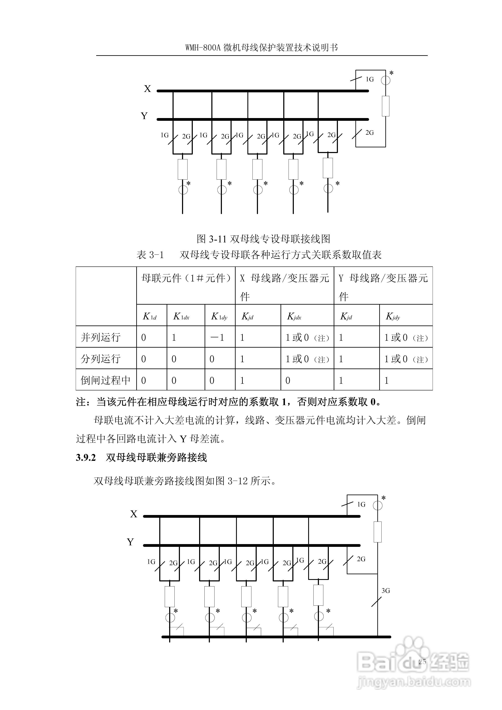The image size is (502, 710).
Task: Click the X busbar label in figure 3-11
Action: (x=147, y=89)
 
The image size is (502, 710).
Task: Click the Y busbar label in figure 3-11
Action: (x=144, y=116)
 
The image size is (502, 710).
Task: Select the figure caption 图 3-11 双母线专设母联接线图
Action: (x=263, y=239)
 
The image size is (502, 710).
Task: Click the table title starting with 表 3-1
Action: (x=259, y=255)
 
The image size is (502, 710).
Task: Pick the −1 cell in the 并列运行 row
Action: (x=218, y=337)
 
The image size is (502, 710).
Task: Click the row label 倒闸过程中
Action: (x=105, y=380)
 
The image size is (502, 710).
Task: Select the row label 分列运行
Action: (x=101, y=359)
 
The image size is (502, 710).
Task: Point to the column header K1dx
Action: (x=181, y=316)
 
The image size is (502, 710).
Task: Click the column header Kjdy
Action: (x=393, y=316)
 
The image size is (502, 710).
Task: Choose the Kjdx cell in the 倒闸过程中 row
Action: (x=288, y=380)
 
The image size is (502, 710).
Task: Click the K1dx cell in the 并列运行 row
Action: (x=174, y=337)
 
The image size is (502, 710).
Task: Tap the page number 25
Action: (x=422, y=662)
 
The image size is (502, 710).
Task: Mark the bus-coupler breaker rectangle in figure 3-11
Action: (x=385, y=106)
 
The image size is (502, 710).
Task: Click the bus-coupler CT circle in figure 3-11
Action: (x=385, y=80)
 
